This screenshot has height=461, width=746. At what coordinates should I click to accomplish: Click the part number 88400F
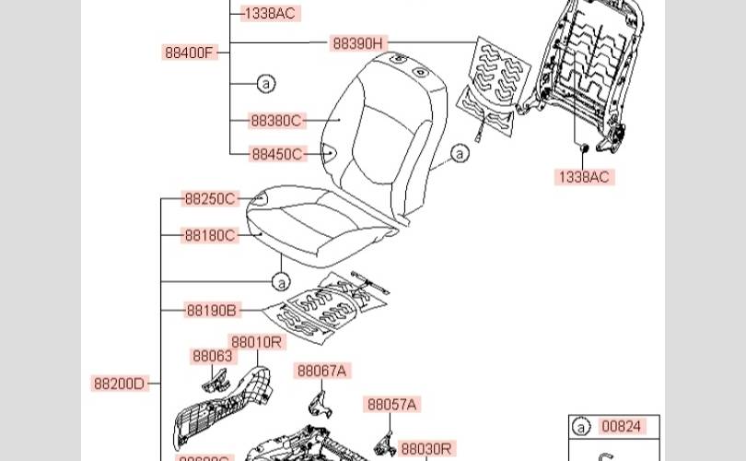(190, 53)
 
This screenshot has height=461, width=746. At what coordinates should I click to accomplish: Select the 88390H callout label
(359, 42)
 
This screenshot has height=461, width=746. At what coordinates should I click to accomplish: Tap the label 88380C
(276, 120)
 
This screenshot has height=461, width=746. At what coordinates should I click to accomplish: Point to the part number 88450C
(276, 154)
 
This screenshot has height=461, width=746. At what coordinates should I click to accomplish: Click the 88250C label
(210, 198)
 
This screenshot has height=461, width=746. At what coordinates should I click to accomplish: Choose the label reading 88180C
(210, 235)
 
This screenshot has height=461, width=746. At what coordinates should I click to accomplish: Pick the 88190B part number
(211, 310)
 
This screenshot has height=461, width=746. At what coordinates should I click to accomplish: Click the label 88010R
(257, 342)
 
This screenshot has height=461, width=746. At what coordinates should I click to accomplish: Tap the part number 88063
(212, 356)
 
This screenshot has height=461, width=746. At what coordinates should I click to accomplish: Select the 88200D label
(120, 384)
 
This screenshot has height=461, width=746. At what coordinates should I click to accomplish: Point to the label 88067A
(321, 371)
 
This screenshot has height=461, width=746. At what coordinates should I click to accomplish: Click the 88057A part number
(392, 404)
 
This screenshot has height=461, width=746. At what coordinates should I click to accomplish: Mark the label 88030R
(426, 448)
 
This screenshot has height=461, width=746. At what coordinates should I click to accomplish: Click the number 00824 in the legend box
(621, 426)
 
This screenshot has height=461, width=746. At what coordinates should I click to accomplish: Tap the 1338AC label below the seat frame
(583, 177)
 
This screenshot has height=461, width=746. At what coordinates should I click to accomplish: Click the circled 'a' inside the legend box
(581, 426)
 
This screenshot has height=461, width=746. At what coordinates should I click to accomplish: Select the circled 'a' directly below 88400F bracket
(265, 84)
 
